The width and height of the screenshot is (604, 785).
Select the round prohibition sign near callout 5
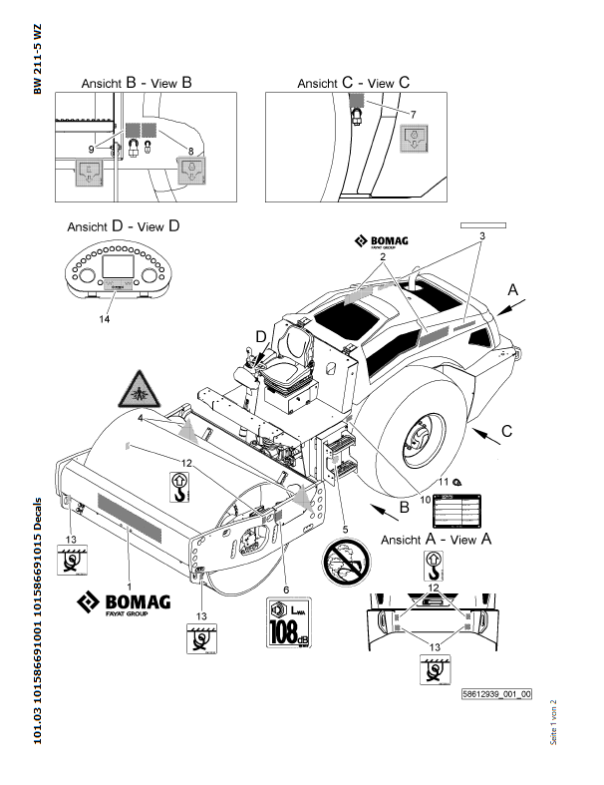(346, 565)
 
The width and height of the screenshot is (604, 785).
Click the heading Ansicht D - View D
(123, 226)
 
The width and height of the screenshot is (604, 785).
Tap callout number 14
(106, 318)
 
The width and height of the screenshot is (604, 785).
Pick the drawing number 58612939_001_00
(496, 694)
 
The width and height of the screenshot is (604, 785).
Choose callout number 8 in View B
(189, 150)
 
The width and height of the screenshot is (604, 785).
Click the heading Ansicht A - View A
(438, 539)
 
